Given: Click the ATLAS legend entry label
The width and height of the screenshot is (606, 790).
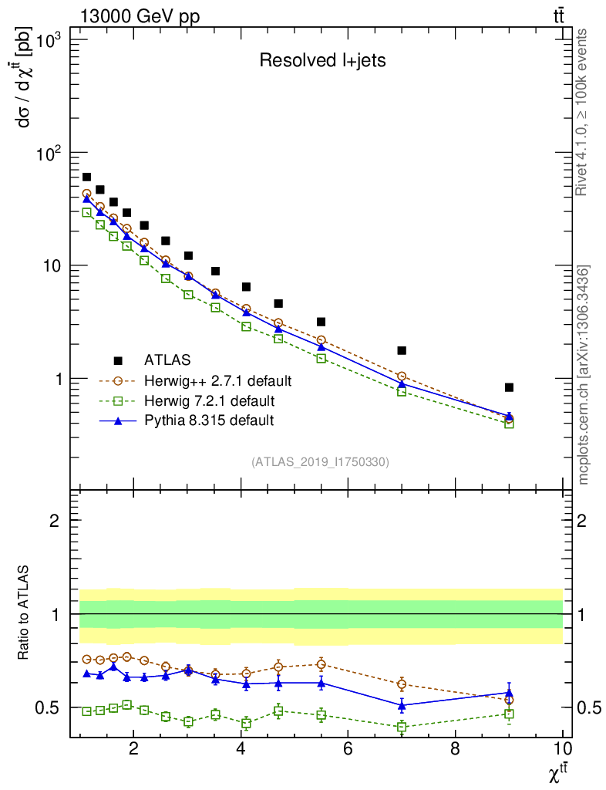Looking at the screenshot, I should pos(167,360).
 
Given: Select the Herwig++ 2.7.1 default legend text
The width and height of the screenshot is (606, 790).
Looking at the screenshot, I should pos(217,381).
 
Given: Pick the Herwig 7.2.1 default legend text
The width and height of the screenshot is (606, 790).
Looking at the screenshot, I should pos(209,401).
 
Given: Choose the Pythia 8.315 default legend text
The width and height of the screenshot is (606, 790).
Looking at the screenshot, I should pos(208,420).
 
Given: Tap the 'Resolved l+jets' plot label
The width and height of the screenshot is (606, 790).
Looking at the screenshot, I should pos(322,61).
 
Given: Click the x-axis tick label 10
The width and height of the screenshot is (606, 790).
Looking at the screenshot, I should pos(562,748).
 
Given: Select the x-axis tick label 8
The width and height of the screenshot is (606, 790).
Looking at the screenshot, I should pos(455,748).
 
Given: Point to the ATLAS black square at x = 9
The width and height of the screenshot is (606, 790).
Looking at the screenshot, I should pos(509,387).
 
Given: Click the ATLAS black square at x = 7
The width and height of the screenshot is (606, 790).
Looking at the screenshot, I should pos(402,350).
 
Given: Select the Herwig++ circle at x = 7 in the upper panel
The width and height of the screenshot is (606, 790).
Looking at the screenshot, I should pos(402,376).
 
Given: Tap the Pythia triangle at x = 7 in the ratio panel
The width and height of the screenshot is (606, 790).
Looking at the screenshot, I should pos(402,705).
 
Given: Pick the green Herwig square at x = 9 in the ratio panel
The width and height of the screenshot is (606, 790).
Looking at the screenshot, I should pos(509,714).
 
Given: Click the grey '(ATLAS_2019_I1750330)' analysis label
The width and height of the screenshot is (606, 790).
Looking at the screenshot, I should pos(320,463).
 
